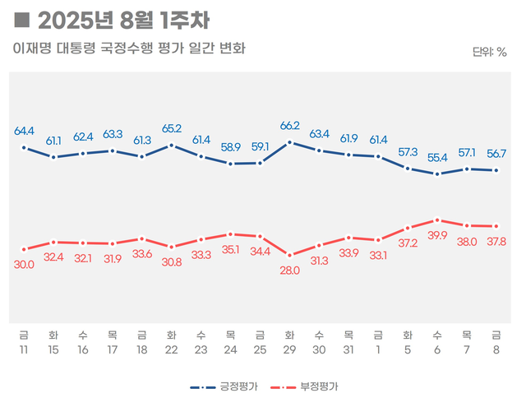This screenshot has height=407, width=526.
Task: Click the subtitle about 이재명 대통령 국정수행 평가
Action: [129, 49]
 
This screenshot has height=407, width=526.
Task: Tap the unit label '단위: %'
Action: [490, 53]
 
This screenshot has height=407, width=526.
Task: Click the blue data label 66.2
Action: [289, 126]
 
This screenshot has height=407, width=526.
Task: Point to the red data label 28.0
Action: [289, 271]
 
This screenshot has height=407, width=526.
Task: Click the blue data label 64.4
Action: [24, 131]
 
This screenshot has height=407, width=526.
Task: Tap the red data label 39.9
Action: [437, 235]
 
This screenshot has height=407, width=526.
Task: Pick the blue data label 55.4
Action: [437, 157]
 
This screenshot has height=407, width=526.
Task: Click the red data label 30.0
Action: [24, 264]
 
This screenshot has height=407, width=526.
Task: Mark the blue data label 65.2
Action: [172, 129]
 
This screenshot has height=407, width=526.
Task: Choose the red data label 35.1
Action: [231, 250]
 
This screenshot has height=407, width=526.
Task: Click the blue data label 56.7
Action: [496, 154]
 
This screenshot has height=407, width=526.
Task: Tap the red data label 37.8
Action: [496, 242]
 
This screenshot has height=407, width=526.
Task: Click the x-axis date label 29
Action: [289, 349]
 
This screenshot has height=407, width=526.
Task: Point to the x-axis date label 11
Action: [24, 349]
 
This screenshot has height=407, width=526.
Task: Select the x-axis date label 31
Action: [348, 349]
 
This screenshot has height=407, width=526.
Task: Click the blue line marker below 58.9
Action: [231, 164]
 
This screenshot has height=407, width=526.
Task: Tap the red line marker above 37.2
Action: [408, 228]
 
